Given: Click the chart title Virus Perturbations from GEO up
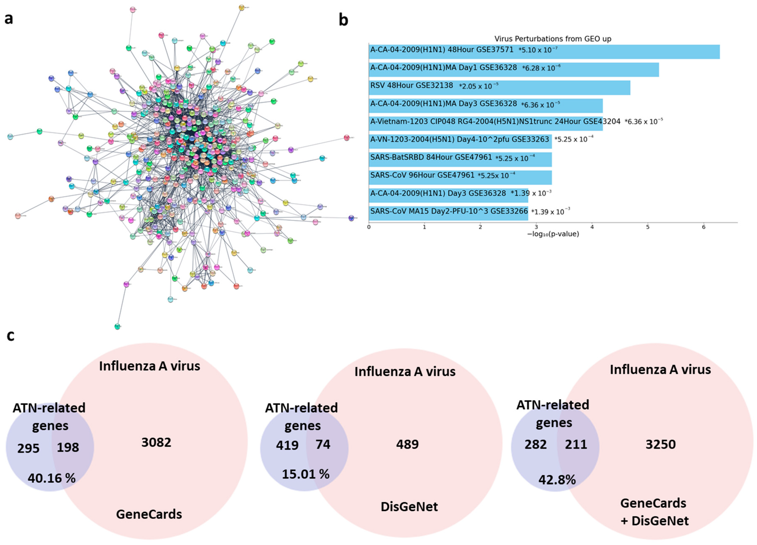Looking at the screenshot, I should click(x=553, y=39).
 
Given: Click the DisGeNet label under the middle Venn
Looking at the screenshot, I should click(x=409, y=507).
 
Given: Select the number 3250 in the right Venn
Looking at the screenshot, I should click(x=660, y=444).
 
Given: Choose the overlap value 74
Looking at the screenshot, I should click(x=323, y=444).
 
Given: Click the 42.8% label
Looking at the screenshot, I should click(x=557, y=480).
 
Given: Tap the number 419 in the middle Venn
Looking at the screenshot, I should click(x=287, y=445).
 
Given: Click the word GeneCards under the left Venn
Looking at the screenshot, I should click(x=149, y=514).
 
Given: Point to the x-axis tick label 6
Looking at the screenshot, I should click(x=703, y=227).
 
